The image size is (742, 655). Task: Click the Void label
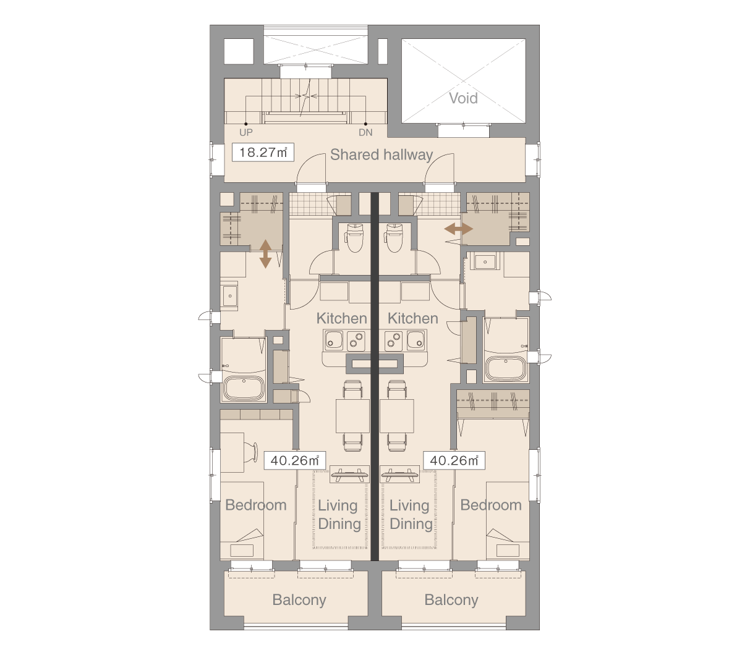pos(463,98)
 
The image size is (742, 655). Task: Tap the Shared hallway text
pos(382,155)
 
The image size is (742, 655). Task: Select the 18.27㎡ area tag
pos(263,152)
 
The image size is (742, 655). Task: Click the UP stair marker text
pos(245,132)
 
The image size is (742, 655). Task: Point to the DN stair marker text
pos(365,132)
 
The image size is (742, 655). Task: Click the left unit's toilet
pos(354,239)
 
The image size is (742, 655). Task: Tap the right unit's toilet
pos(394,239)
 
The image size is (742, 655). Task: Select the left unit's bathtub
pos(244,388)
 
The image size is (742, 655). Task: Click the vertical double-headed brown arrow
pos(265,254)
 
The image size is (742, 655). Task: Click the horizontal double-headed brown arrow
pos(459,229)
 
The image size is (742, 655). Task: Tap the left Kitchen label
pos(341,318)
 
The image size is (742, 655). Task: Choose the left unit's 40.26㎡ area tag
pos(294,460)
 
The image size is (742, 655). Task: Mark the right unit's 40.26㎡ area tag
pos(454,460)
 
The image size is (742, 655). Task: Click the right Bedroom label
pos(491,505)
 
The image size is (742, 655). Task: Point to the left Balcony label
pos(299,600)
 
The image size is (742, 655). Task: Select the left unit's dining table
pos(352,416)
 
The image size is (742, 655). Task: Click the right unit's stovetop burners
pos(393,339)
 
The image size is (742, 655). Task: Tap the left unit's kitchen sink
pos(334,339)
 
